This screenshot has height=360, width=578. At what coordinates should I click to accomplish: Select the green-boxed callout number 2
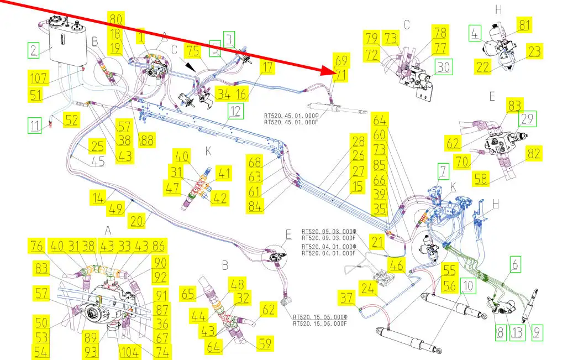(x=34, y=50)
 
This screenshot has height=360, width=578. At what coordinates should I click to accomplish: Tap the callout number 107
(x=39, y=78)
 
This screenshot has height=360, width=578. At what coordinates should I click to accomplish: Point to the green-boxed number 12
(x=236, y=111)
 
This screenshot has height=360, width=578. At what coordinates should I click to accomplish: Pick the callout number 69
(x=341, y=60)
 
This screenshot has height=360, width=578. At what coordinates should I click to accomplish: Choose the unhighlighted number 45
(x=98, y=161)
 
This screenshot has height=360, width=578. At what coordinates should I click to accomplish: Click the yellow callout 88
(x=147, y=140)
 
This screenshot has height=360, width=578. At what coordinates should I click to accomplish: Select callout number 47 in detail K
(x=172, y=188)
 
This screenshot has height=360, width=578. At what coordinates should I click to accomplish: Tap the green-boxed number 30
(x=444, y=67)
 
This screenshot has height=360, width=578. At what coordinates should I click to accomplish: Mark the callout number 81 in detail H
(x=524, y=25)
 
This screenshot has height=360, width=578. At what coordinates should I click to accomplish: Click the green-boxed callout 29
(x=528, y=119)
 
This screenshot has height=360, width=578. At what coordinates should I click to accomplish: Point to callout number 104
(x=130, y=352)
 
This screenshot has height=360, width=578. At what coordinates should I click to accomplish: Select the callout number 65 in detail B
(x=188, y=294)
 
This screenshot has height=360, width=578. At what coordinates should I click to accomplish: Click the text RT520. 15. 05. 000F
(x=320, y=324)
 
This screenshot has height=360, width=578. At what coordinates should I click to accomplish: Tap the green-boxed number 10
(x=468, y=286)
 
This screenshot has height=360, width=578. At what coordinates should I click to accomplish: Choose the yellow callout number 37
(x=346, y=298)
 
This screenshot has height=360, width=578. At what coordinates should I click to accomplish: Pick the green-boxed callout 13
(x=517, y=333)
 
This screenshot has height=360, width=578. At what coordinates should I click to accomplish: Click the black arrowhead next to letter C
(x=190, y=67)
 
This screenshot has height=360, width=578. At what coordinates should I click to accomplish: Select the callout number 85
(x=380, y=165)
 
